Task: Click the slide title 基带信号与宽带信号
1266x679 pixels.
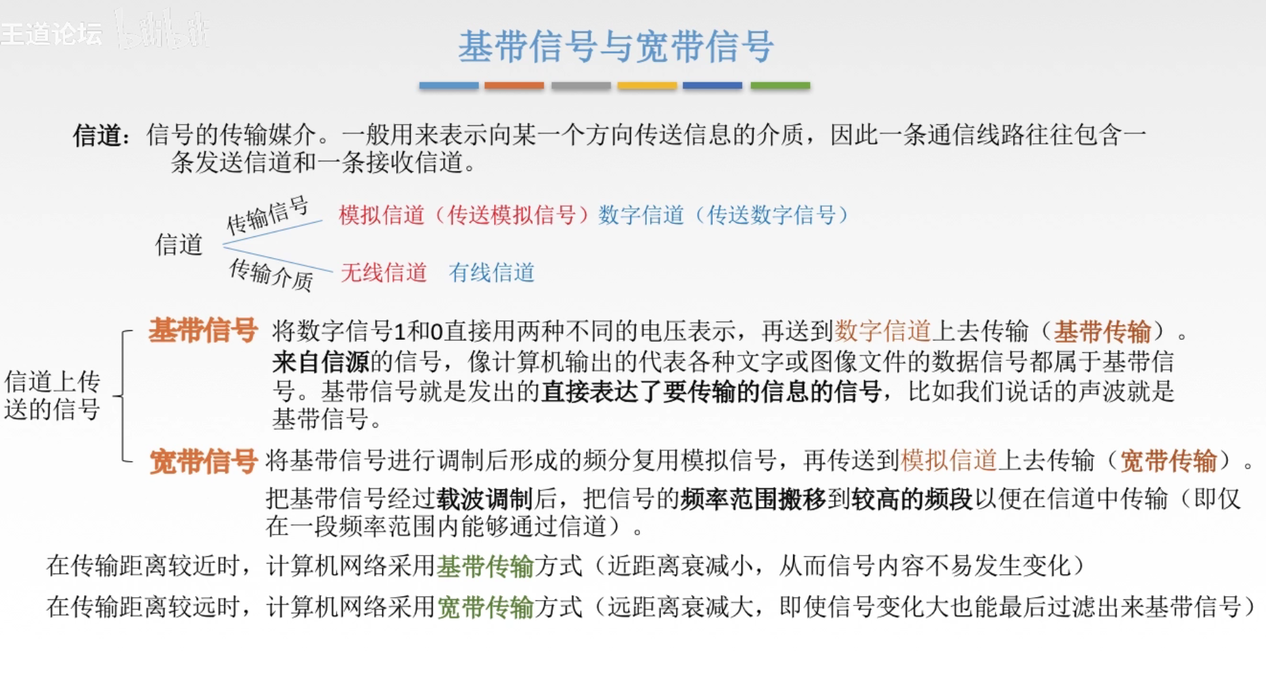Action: coord(615,46)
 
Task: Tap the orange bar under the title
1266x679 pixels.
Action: coord(514,86)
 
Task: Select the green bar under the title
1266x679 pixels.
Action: coord(780,86)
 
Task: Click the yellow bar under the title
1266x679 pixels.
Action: coord(647,86)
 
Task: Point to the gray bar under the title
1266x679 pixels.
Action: coord(581,86)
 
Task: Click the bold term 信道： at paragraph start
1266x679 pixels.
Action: coord(102,135)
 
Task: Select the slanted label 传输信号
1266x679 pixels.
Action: coord(267,214)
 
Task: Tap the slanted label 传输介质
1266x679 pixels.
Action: coord(271,274)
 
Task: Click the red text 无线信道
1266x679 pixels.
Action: coord(384,272)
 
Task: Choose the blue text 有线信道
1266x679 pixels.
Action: coord(491,272)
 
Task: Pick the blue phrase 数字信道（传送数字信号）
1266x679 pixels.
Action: coord(724,215)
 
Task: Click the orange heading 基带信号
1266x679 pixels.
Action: coord(203,330)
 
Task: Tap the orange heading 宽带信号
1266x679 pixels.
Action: coord(203,461)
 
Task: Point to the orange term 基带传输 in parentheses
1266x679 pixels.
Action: coord(1102,332)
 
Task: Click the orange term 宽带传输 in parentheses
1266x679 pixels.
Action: coord(1168,461)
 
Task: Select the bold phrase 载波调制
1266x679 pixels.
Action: coord(484,499)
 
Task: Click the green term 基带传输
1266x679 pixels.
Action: coord(484,566)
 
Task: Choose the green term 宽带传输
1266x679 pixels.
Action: coord(484,607)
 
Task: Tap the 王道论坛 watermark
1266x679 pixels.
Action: coord(52,33)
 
